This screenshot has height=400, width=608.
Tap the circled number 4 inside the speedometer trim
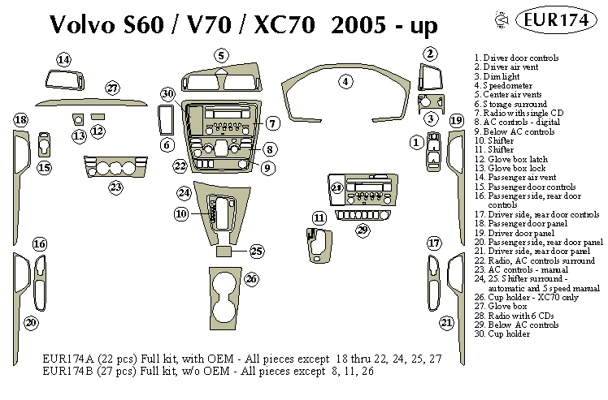click(345, 81)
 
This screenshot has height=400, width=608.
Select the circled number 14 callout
click(63, 58)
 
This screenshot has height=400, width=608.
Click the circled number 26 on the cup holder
click(251, 279)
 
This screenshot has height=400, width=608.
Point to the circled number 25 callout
click(257, 251)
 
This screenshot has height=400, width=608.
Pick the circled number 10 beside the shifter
click(181, 213)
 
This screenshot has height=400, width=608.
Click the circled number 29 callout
click(363, 230)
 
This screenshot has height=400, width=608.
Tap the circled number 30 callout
click(167, 94)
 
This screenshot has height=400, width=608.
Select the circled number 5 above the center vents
click(220, 55)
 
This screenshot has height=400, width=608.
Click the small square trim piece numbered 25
click(227, 252)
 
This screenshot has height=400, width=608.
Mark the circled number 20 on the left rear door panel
click(31, 323)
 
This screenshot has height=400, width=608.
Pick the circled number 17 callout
click(435, 243)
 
